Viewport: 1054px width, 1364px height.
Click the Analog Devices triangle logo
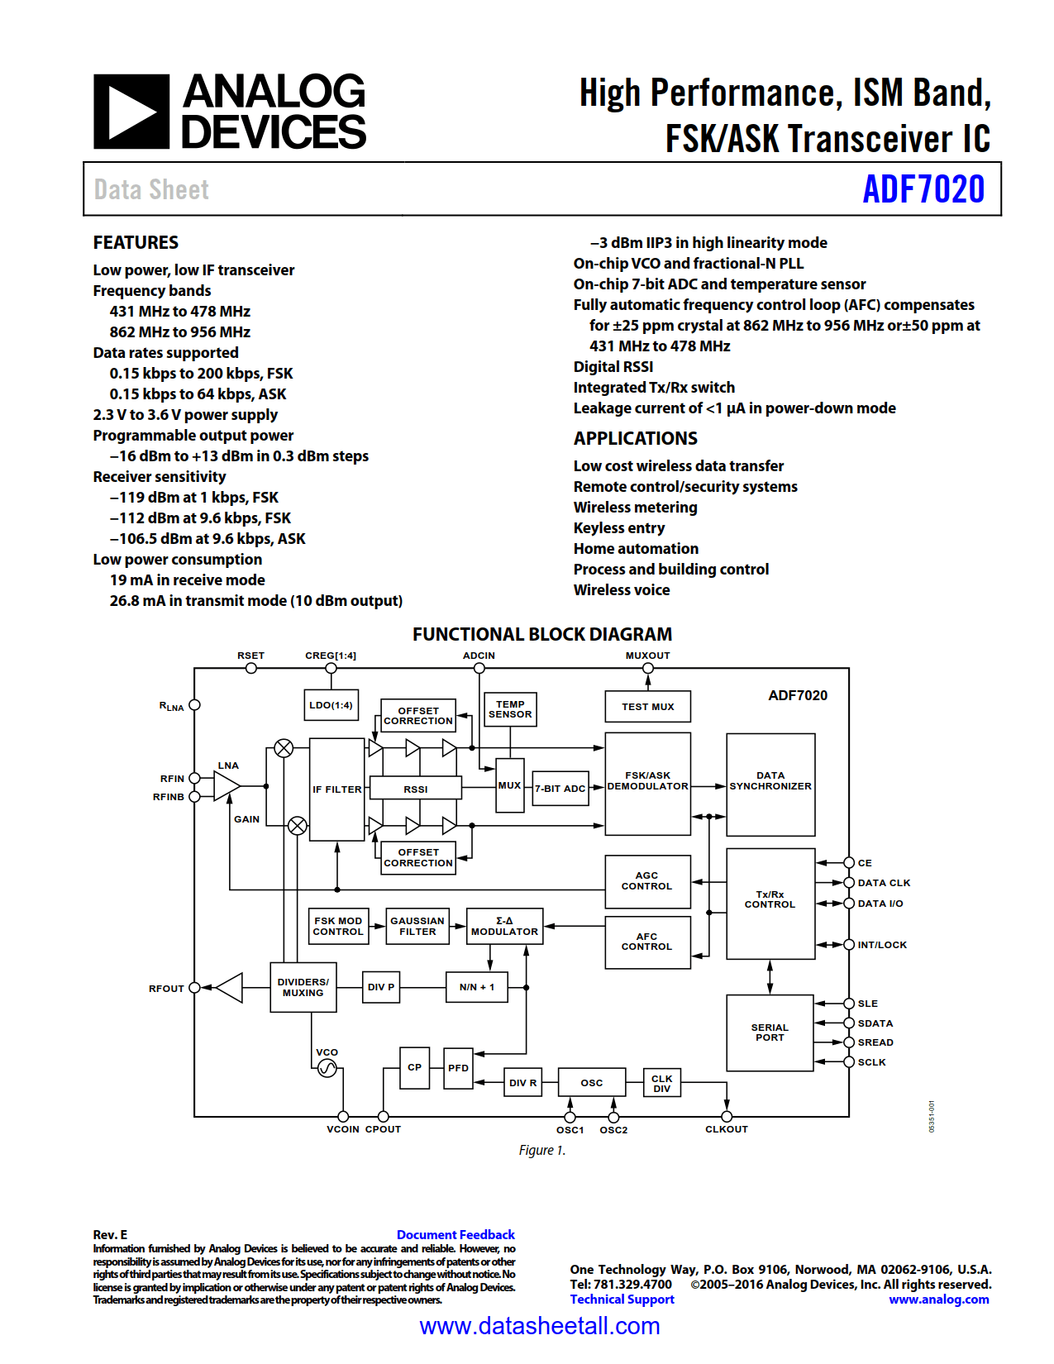point(131,112)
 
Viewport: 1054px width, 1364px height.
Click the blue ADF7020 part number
point(923,189)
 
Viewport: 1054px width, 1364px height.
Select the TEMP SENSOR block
point(510,709)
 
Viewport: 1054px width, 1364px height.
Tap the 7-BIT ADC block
point(560,789)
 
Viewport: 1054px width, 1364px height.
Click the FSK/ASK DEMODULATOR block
point(647,783)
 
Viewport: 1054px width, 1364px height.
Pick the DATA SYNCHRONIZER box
point(770,783)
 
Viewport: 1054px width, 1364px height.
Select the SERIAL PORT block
point(770,1033)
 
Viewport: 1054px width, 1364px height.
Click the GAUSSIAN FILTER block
point(417,926)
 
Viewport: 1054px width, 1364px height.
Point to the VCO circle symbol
point(327,1069)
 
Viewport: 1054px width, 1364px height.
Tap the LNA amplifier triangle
point(226,786)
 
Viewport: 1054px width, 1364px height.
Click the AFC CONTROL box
point(647,942)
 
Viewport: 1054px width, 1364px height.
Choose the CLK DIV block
point(662,1083)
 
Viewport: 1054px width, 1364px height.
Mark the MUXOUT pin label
point(647,656)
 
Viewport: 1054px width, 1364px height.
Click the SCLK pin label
point(871,1062)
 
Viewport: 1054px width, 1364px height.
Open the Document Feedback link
point(455,1234)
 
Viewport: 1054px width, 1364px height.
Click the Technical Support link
point(622,1300)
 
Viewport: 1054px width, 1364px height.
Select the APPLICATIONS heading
point(635,438)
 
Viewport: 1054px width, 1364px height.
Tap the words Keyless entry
point(618,527)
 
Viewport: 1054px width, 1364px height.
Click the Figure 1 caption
point(541,1150)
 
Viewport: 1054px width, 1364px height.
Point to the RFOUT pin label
point(166,989)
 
